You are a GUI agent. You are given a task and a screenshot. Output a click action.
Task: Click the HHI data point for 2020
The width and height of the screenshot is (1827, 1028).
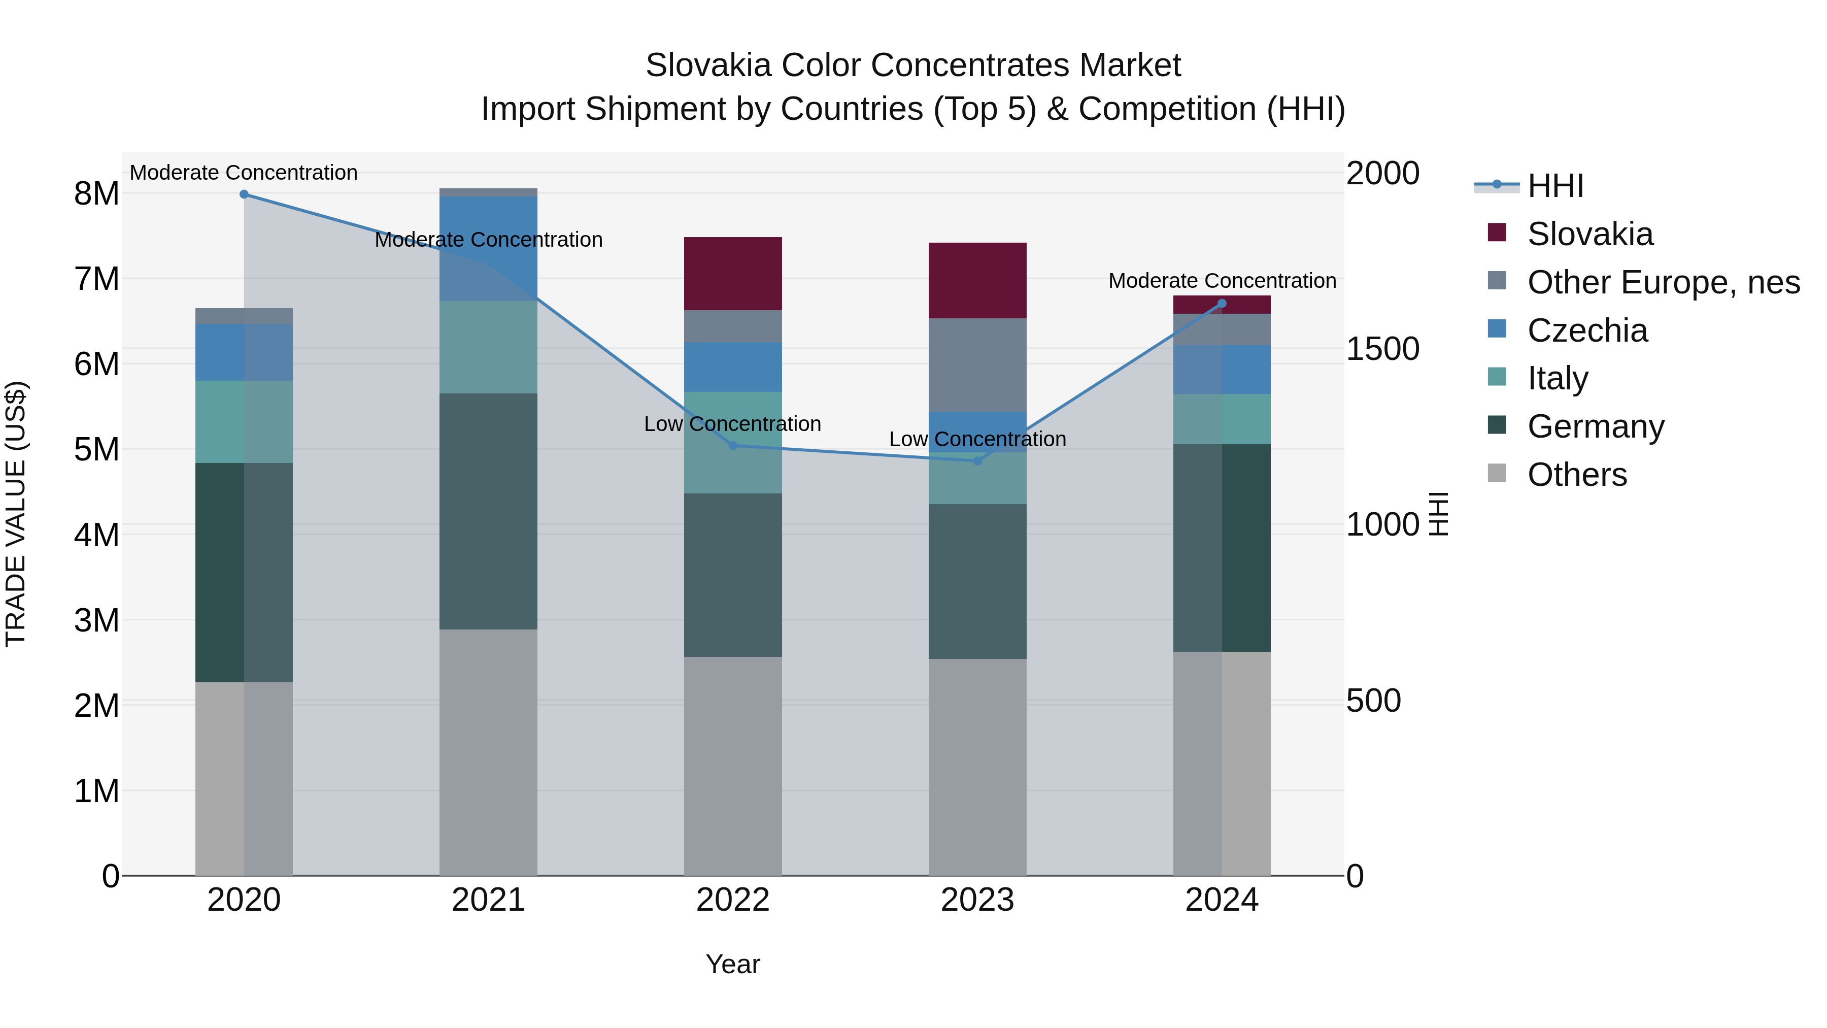(244, 194)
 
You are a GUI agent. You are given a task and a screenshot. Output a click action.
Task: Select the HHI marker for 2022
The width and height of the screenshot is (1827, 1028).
(733, 446)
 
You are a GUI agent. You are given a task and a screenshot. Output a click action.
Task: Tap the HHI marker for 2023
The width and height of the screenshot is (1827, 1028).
(977, 460)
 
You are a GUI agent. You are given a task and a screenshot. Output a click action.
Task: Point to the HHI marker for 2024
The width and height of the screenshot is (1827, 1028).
(1222, 304)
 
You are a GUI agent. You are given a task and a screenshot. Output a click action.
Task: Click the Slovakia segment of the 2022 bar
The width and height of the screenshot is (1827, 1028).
(733, 274)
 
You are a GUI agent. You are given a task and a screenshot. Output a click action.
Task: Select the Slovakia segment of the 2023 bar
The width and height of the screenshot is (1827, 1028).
(977, 280)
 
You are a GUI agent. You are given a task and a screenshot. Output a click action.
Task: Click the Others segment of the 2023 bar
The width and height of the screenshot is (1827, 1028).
(977, 766)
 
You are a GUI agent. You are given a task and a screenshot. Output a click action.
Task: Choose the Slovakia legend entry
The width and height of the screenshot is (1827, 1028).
(1589, 234)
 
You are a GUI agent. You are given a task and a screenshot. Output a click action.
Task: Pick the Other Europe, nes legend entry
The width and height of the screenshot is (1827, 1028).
(1663, 282)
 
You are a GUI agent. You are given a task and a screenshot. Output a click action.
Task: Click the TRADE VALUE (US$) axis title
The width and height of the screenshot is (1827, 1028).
(16, 514)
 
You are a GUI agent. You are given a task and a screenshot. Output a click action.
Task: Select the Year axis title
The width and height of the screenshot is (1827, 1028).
(733, 964)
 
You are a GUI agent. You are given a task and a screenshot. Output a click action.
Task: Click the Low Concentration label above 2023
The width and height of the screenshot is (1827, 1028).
(977, 439)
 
